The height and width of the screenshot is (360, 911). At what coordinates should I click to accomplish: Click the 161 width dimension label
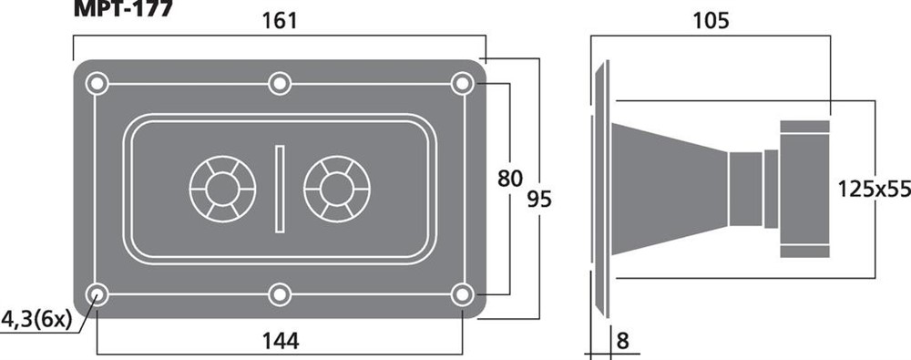(280, 21)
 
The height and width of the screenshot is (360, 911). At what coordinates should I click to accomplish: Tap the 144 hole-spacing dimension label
(280, 341)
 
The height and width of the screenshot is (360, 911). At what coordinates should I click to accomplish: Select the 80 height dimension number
(509, 180)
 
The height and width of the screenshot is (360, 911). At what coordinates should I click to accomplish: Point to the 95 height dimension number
(539, 200)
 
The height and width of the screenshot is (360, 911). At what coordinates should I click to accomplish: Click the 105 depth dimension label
(711, 21)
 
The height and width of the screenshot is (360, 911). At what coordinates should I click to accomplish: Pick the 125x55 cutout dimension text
(874, 189)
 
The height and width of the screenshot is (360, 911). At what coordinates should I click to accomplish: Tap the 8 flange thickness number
(622, 341)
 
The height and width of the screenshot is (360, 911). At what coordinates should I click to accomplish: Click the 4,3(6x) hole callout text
(36, 319)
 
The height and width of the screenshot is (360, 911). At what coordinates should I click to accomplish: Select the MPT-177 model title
(123, 8)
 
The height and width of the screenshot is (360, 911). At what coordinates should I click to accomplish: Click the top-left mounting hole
(97, 84)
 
